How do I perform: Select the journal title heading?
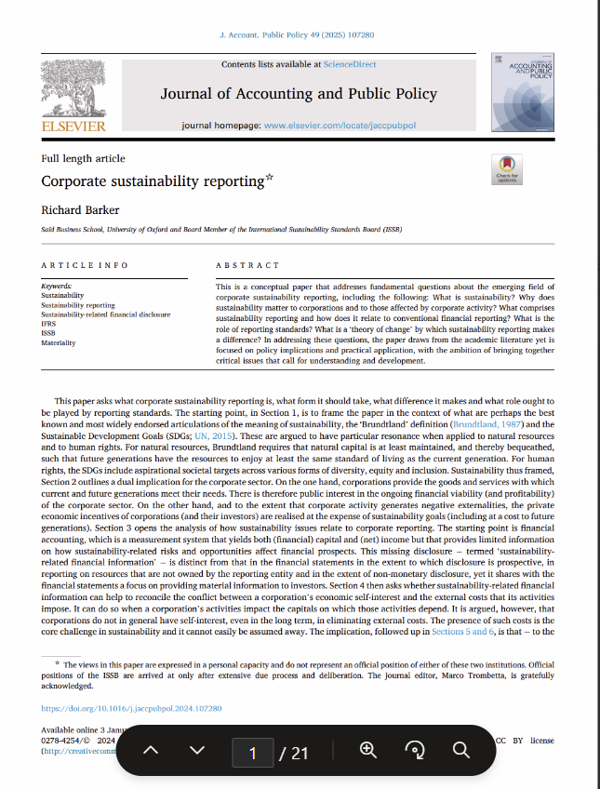(x=299, y=94)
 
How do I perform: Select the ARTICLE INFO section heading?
(x=85, y=265)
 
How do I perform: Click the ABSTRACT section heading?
(x=247, y=265)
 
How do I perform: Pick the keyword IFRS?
(x=49, y=324)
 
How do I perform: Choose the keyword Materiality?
(x=59, y=343)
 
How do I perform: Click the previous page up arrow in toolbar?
(x=152, y=751)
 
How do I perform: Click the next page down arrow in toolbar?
(x=196, y=751)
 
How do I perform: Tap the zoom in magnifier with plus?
(x=368, y=751)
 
